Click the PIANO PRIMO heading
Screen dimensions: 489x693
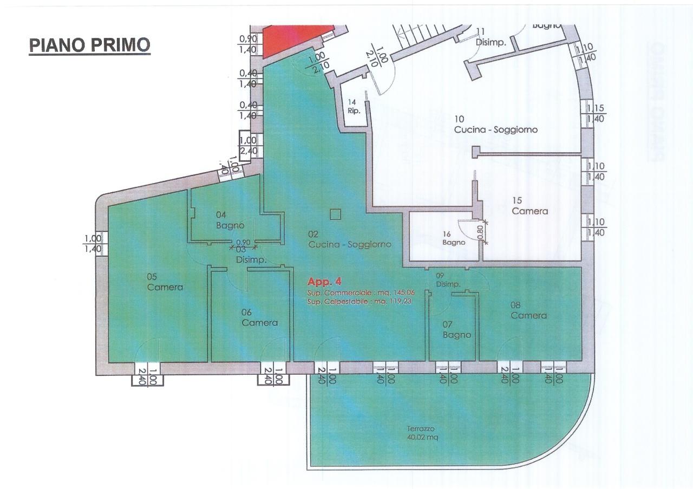coord(89,45)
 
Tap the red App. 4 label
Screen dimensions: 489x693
coord(325,282)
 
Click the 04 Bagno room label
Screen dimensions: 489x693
coord(230,220)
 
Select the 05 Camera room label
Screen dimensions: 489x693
coord(165,282)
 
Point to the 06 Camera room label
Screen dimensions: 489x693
coord(259,317)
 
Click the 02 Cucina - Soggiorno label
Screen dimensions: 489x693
coord(349,239)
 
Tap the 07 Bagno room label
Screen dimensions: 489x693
coord(456,330)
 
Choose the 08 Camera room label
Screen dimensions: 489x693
coord(528,310)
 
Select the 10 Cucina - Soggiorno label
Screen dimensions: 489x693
coord(495,125)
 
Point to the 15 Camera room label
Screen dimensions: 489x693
coord(530,206)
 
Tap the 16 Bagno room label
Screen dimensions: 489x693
coord(453,239)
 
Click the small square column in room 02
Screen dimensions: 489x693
coord(336,214)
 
